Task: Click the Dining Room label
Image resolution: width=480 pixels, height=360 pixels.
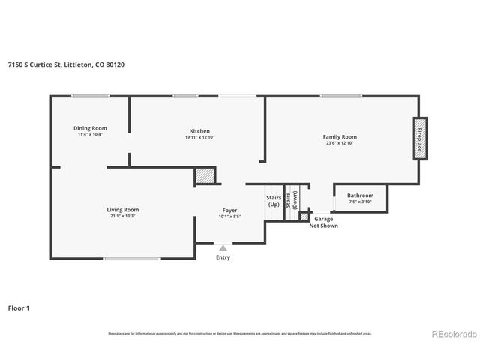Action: [x=90, y=128]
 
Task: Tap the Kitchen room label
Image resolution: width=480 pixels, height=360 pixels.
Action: [x=199, y=131]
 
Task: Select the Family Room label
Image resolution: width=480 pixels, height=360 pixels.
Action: [x=340, y=137]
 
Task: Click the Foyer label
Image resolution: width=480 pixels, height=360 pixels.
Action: [x=230, y=211]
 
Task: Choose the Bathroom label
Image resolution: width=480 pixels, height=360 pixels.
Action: [x=359, y=196]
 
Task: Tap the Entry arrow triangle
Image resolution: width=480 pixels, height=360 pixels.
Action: [x=223, y=247]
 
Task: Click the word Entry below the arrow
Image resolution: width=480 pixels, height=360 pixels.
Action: [x=223, y=258]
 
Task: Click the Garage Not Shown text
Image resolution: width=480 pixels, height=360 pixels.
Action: [x=324, y=222]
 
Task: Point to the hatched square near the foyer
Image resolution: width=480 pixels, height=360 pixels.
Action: [x=205, y=175]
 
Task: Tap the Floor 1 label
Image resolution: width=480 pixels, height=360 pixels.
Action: [x=19, y=307]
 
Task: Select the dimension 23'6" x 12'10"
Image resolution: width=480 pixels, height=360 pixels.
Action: [x=340, y=143]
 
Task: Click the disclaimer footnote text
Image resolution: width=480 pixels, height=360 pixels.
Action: [x=240, y=334]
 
